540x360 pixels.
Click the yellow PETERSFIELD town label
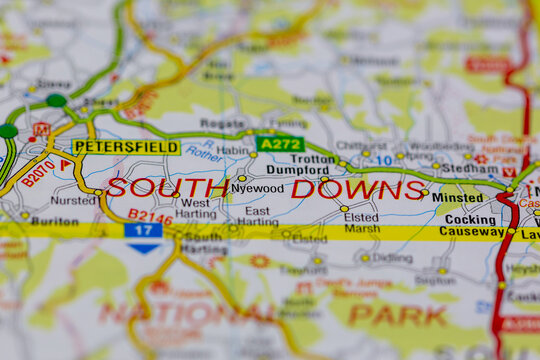(126, 147)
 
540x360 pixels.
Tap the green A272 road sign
(279, 144)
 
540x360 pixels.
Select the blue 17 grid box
(143, 230)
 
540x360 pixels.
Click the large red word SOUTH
(167, 188)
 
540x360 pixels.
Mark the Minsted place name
(457, 198)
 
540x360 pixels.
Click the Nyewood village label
(257, 188)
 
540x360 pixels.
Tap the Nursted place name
(74, 200)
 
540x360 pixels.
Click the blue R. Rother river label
(203, 153)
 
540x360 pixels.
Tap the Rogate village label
(222, 124)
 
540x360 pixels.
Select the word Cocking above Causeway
(470, 220)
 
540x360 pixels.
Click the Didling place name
(392, 258)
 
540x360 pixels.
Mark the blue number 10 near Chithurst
(384, 160)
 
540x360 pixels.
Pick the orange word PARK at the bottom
(398, 315)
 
